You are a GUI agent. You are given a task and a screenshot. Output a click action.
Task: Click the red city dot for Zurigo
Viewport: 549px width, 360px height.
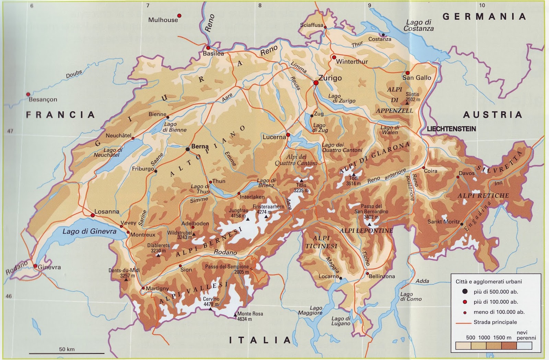tap(316, 83)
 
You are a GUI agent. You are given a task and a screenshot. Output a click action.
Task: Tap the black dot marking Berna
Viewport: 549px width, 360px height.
tap(188, 149)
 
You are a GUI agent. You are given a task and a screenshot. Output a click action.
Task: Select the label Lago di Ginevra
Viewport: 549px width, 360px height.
tap(89, 231)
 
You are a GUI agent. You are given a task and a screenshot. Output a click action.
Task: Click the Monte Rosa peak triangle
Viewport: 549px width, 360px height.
tap(235, 315)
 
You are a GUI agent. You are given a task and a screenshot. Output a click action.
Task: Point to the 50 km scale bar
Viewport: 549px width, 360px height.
tap(67, 353)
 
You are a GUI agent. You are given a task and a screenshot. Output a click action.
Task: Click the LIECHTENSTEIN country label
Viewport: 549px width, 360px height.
tap(451, 129)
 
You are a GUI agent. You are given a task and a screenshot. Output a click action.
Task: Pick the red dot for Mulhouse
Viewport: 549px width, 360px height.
tap(179, 16)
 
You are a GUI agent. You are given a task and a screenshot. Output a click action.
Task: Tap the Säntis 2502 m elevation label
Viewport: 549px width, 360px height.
tap(412, 97)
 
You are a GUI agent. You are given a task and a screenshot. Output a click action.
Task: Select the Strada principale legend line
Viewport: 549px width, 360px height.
tap(464, 323)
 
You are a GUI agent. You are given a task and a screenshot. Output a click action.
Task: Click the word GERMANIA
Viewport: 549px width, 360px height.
tap(484, 16)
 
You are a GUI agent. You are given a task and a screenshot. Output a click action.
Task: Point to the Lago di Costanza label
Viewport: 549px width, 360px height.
tap(419, 25)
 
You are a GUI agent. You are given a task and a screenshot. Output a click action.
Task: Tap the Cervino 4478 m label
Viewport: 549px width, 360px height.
tap(211, 302)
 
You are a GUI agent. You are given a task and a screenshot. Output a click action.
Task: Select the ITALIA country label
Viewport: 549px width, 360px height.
tap(260, 340)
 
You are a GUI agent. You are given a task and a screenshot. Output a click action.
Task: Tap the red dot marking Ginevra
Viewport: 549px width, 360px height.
tap(35, 266)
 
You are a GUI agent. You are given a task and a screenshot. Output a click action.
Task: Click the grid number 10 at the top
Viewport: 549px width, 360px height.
tap(482, 5)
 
